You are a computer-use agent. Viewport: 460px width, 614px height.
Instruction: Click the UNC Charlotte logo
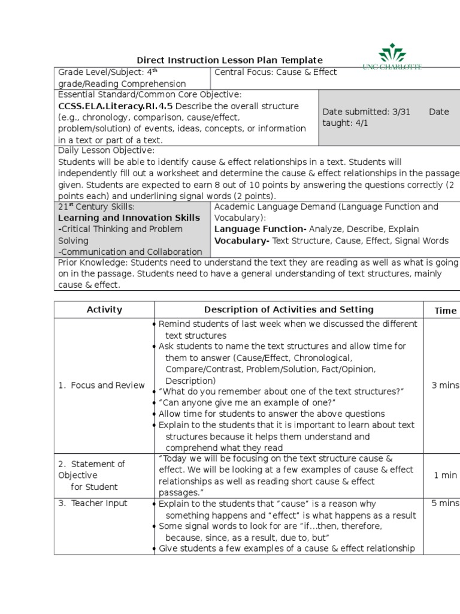pos(393,58)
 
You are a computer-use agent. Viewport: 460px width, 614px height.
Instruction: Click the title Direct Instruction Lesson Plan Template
pos(230,60)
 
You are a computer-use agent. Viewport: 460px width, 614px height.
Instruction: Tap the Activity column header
pos(104,310)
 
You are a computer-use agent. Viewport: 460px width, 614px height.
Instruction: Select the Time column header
pos(445,311)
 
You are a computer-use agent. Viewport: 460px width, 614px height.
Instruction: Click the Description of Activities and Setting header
pos(289,309)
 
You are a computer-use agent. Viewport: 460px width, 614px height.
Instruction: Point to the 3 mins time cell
pos(445,385)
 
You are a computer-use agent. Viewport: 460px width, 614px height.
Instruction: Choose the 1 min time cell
pos(445,475)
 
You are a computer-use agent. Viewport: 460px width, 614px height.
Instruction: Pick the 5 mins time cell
pos(445,503)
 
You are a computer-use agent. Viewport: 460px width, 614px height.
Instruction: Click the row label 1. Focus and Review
pos(101,386)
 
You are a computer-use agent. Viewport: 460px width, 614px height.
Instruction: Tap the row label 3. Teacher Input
pos(93,503)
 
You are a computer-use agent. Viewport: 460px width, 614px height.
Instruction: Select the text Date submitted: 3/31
pos(366,112)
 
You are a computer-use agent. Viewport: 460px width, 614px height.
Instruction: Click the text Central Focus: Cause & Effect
pos(276,73)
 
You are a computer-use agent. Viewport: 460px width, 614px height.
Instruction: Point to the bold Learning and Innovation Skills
pos(129,218)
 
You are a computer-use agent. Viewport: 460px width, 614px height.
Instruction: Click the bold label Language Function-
pos(261,229)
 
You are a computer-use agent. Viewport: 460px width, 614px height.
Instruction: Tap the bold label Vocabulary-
pos(242,240)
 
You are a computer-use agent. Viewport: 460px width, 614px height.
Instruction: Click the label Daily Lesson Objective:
pos(106,151)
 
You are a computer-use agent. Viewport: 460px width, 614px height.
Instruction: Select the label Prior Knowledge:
pos(93,263)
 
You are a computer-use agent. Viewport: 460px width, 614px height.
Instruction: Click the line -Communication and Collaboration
pos(130,252)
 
